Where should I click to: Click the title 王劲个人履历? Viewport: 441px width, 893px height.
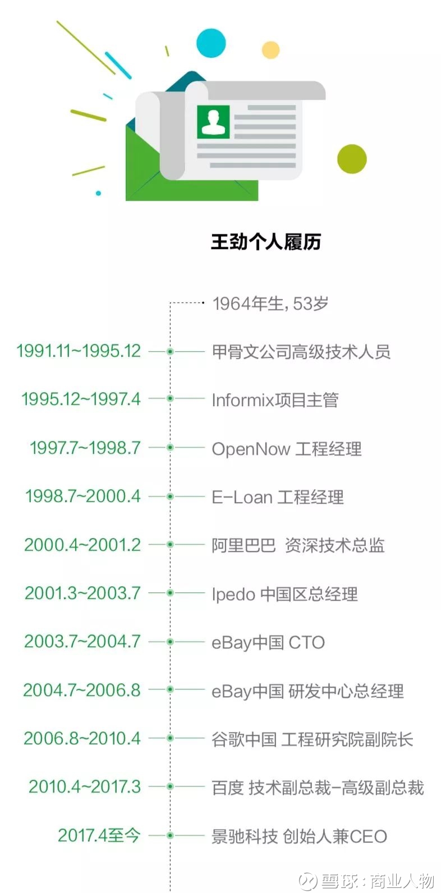[x=266, y=242]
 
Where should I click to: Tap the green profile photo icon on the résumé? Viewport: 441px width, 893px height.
[x=213, y=122]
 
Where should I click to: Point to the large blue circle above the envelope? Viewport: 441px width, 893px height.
[x=211, y=43]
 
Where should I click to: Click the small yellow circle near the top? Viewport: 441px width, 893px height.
[x=270, y=50]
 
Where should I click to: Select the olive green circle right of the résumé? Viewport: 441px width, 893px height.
[x=352, y=159]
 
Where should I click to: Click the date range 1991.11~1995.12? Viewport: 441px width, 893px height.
[x=79, y=351]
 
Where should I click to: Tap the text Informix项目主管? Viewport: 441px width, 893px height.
[x=275, y=400]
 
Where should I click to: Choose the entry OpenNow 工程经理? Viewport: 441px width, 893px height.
[x=287, y=449]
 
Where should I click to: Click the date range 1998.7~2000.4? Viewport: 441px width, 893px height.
[x=83, y=496]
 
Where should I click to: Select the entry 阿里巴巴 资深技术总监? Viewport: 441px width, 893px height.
[x=298, y=545]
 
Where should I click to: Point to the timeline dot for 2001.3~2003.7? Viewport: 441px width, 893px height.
[x=170, y=593]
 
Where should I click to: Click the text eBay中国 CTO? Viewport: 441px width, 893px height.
[x=268, y=643]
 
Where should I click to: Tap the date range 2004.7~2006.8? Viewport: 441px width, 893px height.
[x=82, y=690]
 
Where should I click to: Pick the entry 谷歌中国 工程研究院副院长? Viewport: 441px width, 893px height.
[x=312, y=739]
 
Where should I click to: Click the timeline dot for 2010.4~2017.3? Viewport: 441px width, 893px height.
[x=170, y=786]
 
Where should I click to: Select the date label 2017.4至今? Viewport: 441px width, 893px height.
[x=99, y=836]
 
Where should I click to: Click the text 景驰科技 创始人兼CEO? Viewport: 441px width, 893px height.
[x=300, y=836]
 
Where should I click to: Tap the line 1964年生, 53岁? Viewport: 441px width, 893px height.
[x=270, y=304]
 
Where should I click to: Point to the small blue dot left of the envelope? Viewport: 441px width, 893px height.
[x=99, y=194]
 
